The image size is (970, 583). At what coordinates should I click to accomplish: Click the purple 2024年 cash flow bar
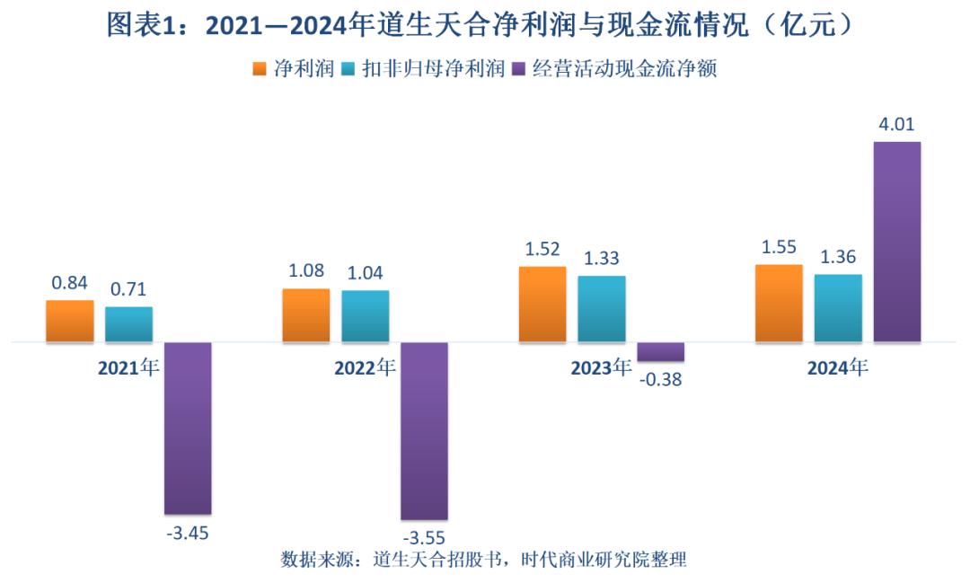897,242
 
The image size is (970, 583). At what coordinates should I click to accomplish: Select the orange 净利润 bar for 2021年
70,321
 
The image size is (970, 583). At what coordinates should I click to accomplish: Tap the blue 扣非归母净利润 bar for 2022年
366,315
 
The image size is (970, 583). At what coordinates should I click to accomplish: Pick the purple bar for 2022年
424,431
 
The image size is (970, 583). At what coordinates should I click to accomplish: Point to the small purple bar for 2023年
661,351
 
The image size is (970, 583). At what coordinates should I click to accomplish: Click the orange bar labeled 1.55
779,303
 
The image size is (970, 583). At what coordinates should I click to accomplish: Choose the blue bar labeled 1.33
602,308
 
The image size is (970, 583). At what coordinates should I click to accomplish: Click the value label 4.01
896,125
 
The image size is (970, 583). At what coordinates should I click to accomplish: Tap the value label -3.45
188,533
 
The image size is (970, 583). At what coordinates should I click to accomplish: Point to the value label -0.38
661,379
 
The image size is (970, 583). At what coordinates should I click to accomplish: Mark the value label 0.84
69,283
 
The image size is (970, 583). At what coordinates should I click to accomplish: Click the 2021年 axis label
128,367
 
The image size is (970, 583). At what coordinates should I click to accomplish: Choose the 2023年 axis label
601,367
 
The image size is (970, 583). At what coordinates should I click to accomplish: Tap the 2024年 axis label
838,367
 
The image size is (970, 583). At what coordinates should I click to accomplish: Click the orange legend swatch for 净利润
260,69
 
